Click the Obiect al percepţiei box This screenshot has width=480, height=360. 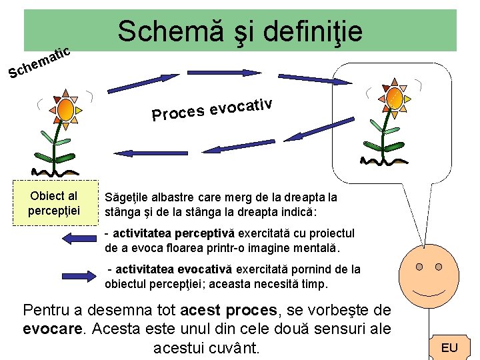tap(54, 203)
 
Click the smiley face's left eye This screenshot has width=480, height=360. tap(419, 267)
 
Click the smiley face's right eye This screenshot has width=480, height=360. tap(439, 267)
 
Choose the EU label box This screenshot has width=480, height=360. tap(449, 347)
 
